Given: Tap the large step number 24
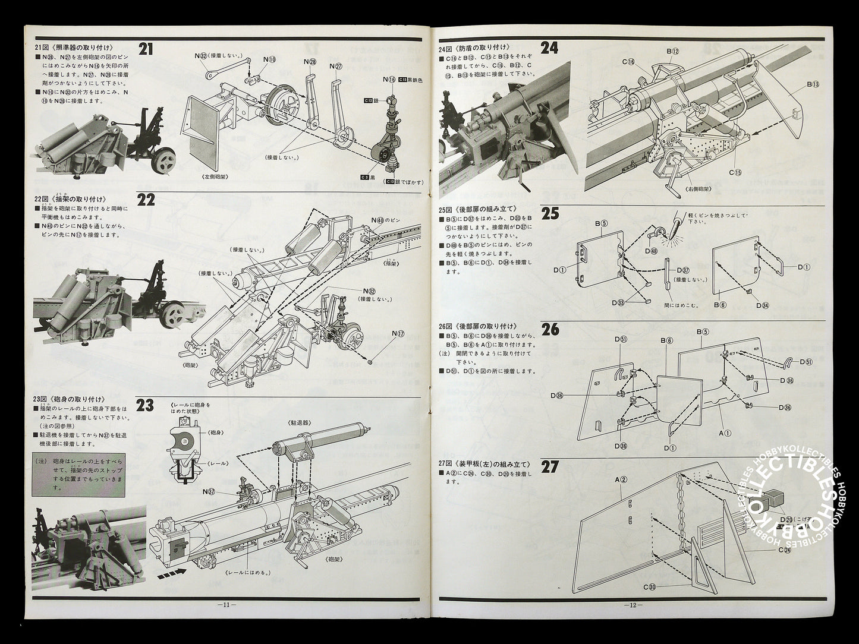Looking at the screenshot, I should click(x=549, y=48).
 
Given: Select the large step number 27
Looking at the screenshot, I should click(x=549, y=466).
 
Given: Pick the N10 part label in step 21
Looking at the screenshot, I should click(x=269, y=59).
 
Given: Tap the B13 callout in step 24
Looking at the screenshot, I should click(x=812, y=84).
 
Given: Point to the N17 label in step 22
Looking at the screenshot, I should click(x=398, y=334).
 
